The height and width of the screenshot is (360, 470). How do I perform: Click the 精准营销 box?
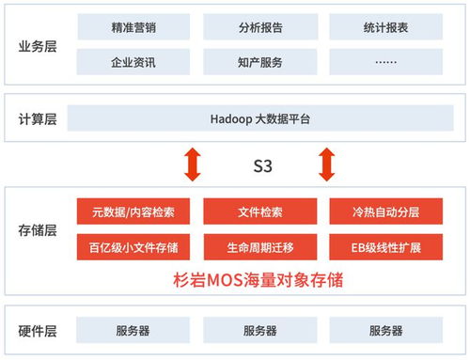[133, 28]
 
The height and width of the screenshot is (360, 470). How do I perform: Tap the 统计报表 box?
[385, 28]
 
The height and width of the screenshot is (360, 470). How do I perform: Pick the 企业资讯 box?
[133, 62]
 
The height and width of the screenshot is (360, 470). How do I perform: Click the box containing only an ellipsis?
[385, 62]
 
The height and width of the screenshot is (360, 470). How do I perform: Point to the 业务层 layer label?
[38, 45]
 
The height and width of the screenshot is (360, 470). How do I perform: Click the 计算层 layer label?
[38, 119]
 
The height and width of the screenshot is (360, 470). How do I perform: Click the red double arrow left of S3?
[193, 164]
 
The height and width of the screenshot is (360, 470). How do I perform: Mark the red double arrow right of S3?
[327, 164]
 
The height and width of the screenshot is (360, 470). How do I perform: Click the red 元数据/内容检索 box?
[133, 212]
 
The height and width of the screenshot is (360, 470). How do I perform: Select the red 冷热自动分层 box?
[385, 212]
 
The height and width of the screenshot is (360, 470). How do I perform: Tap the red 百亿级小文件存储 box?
[133, 247]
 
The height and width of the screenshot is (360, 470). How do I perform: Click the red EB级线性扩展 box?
[385, 247]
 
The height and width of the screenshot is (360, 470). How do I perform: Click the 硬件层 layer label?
[38, 331]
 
